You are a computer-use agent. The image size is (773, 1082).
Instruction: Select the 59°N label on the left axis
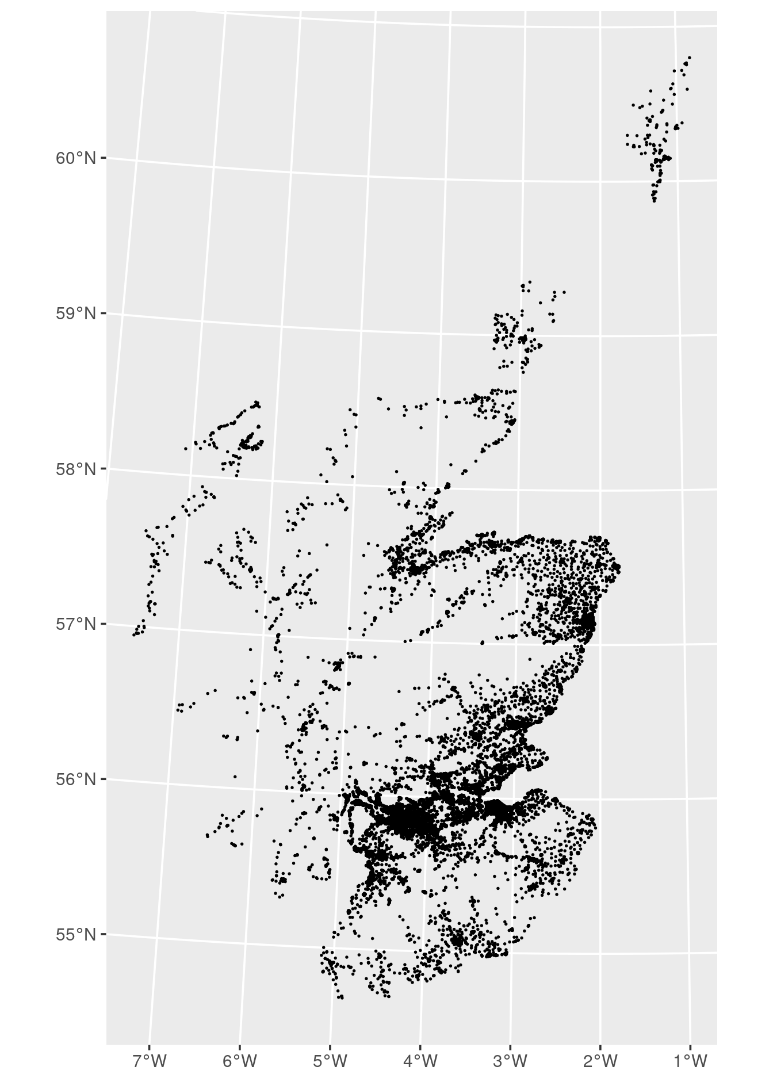click(75, 313)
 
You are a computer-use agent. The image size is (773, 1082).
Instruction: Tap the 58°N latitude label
click(75, 469)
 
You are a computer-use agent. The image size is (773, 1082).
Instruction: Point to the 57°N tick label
click(75, 624)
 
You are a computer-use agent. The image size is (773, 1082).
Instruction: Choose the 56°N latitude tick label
click(75, 779)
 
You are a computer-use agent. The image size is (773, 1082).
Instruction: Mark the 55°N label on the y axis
click(75, 935)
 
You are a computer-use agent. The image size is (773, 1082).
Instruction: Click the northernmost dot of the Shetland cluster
click(690, 58)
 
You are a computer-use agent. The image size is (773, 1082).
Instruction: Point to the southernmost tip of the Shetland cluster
click(654, 201)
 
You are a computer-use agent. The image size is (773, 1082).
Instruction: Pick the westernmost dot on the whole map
click(133, 634)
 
